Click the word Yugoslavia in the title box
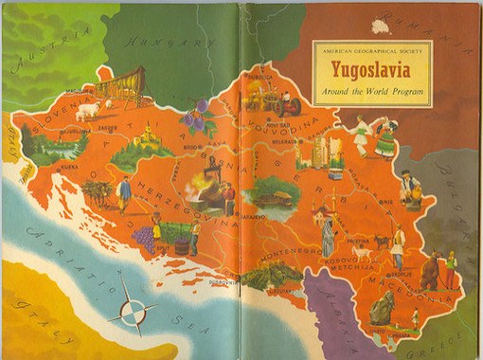[370, 70]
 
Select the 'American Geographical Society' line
[370, 50]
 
